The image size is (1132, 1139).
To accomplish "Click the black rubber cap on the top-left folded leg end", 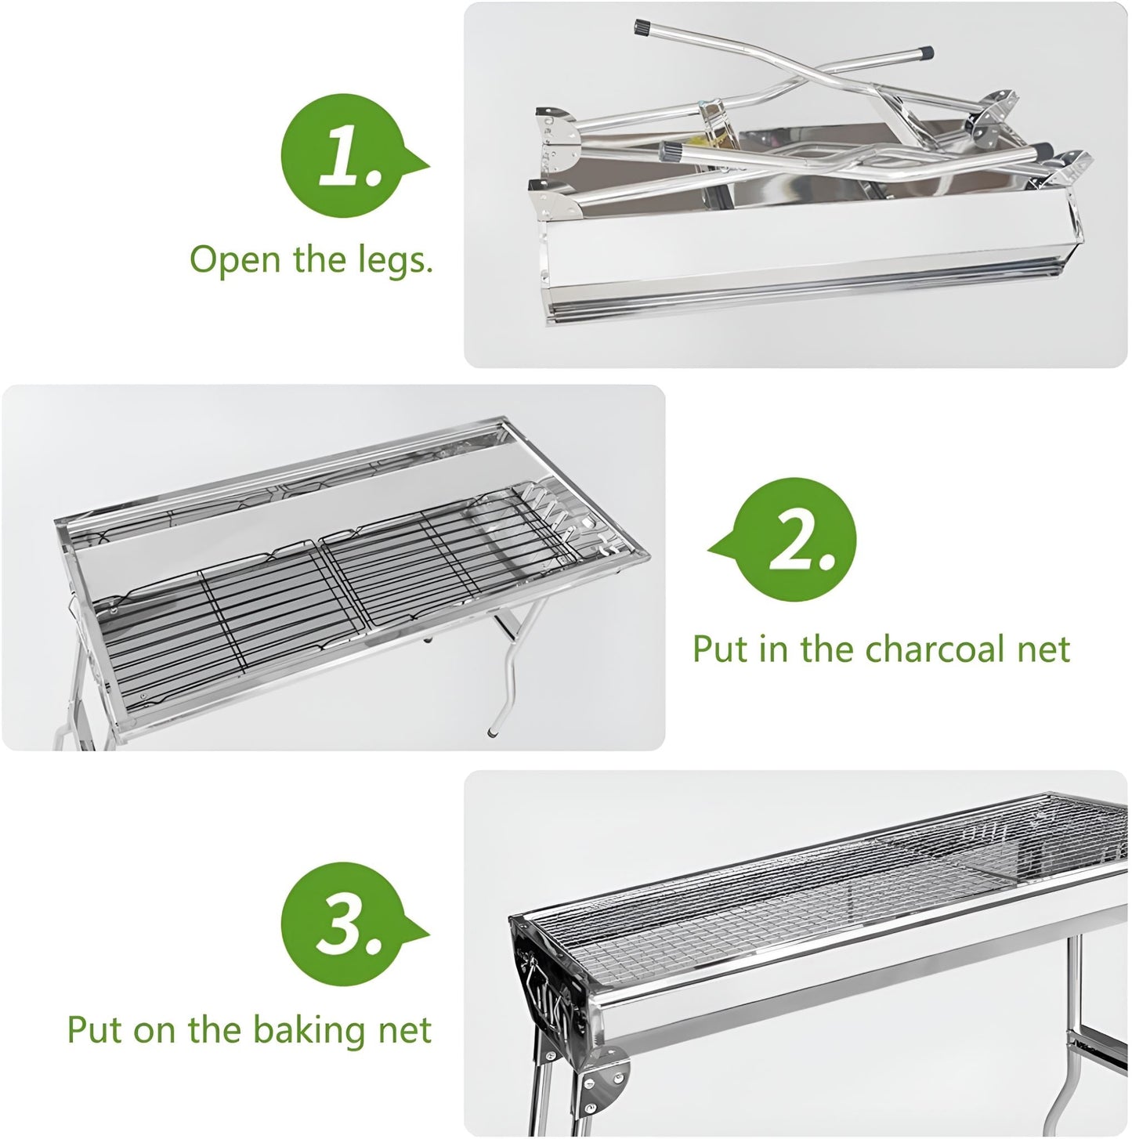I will click(x=643, y=29).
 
